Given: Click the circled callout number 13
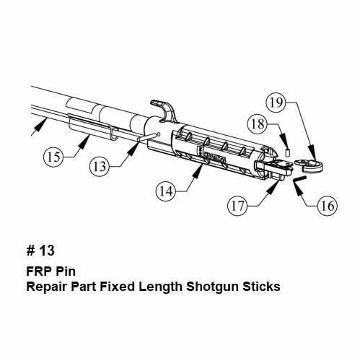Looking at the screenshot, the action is (x=100, y=166).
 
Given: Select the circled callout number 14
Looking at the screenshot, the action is (x=166, y=191).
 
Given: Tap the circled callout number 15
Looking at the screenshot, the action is (x=53, y=157).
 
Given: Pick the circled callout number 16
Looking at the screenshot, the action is (x=328, y=206).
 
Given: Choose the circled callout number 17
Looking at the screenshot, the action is (x=237, y=206).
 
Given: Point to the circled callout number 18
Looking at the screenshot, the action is (x=258, y=124).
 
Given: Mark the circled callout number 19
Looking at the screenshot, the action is (x=276, y=103).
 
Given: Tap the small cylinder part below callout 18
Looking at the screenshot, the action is (x=288, y=152).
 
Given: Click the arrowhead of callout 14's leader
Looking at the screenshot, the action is (x=199, y=171).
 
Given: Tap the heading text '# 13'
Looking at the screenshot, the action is (x=40, y=251).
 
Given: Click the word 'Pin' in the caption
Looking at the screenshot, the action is (x=66, y=271).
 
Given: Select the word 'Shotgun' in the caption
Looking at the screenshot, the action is (x=212, y=287).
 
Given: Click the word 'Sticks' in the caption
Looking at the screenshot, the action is (x=261, y=287).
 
